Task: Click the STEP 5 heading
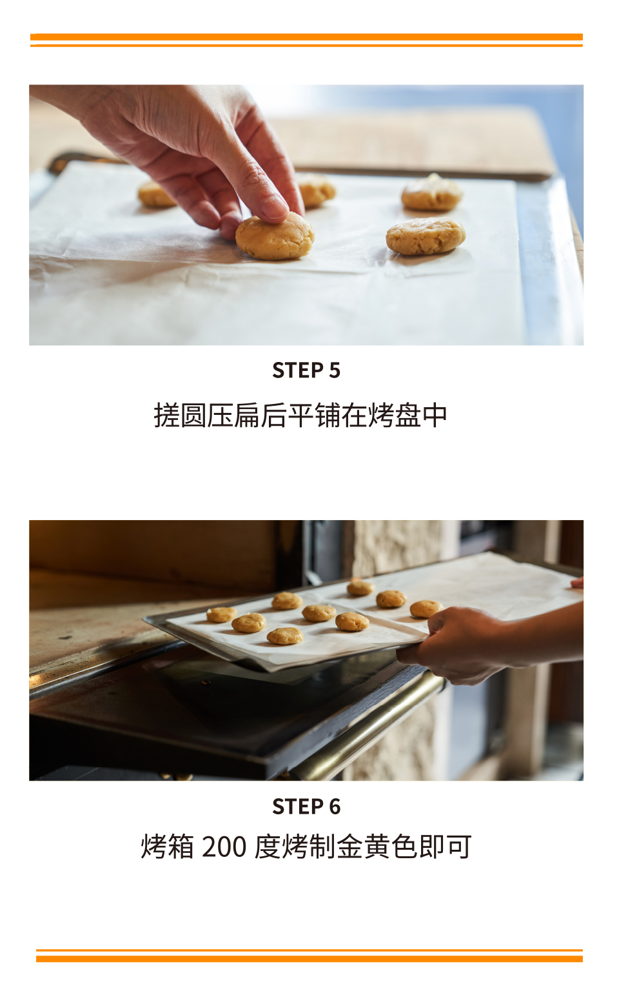click(x=306, y=370)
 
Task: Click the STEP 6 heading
click(x=306, y=807)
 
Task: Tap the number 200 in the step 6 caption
click(x=224, y=847)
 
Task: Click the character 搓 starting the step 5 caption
click(x=166, y=416)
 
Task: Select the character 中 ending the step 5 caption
click(x=434, y=416)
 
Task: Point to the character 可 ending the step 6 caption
click(x=459, y=847)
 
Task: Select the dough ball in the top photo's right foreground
click(x=426, y=237)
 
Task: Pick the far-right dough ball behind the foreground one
click(x=431, y=192)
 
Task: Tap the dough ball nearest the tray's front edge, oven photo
click(x=285, y=636)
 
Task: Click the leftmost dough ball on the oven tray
click(x=222, y=614)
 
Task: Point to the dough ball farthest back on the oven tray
click(x=360, y=588)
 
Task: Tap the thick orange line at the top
click(x=307, y=37)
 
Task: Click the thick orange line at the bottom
click(x=309, y=959)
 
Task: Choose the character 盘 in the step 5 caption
click(x=408, y=416)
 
